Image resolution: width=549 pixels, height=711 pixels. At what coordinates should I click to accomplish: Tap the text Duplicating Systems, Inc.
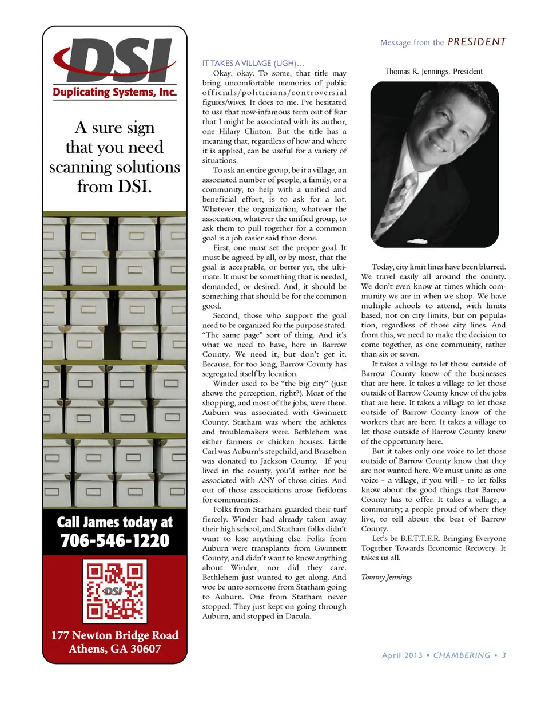(114, 92)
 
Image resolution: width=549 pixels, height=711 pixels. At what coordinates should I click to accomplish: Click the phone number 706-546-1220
(114, 540)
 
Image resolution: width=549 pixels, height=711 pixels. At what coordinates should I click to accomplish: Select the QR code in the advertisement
(115, 591)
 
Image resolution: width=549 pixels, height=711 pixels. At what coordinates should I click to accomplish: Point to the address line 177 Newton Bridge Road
(114, 635)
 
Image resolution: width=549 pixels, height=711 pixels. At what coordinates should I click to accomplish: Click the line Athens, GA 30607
(114, 649)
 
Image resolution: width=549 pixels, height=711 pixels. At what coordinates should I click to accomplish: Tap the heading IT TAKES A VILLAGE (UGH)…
(253, 63)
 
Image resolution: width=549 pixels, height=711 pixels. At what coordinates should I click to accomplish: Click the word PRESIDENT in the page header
(476, 42)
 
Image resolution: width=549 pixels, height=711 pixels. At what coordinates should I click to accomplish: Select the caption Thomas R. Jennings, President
(433, 72)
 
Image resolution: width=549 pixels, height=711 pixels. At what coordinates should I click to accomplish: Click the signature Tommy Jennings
(387, 577)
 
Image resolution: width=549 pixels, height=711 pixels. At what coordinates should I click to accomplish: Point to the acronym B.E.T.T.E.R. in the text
(420, 539)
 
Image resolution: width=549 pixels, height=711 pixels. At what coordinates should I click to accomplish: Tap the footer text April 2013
(402, 655)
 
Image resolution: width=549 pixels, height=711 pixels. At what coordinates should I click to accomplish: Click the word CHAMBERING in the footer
(462, 655)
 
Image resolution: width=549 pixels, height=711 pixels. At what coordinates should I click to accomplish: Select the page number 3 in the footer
(504, 655)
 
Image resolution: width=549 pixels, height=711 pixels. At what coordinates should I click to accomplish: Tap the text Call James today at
(114, 522)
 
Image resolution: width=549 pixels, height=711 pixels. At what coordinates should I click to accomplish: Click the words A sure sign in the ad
(114, 127)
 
